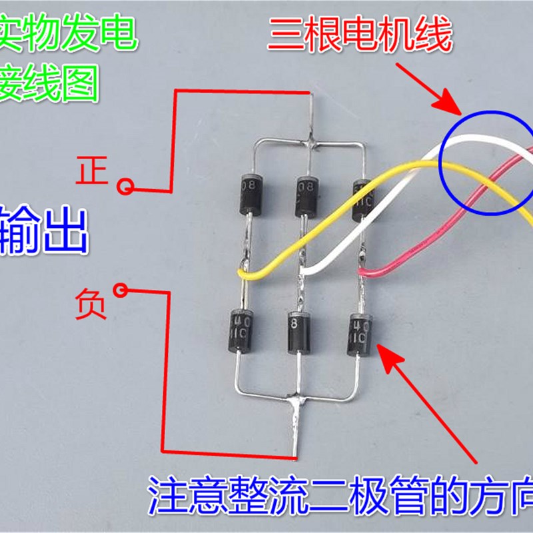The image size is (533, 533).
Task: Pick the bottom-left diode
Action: (x=240, y=328)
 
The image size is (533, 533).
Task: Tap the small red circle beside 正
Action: (x=124, y=186)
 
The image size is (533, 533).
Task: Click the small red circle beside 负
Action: (x=121, y=290)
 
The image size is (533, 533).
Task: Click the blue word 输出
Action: (x=43, y=230)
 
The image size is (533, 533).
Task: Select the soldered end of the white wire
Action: (x=304, y=271)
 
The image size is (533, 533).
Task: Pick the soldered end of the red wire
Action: (x=363, y=271)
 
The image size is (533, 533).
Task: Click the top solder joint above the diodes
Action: (x=311, y=142)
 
